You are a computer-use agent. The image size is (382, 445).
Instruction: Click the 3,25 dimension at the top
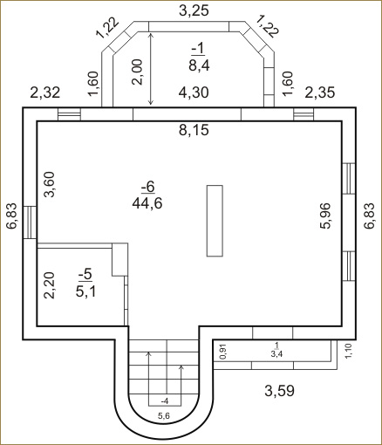[x=194, y=10]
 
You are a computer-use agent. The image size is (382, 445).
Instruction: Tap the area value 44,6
[x=147, y=203]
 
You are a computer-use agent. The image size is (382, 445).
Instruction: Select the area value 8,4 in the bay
[x=199, y=65]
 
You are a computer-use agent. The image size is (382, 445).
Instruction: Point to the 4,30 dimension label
[x=194, y=92]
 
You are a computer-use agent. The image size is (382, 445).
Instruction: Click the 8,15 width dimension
[x=194, y=130]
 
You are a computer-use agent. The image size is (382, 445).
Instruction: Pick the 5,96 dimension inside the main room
[x=325, y=216]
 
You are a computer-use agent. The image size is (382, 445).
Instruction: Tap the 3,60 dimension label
[x=49, y=184]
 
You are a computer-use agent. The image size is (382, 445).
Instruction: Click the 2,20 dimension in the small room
[x=49, y=285]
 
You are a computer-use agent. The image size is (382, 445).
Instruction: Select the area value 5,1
[x=85, y=291]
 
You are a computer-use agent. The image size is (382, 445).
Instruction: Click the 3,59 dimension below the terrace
[x=279, y=391]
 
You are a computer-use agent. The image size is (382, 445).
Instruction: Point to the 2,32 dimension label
[x=45, y=92]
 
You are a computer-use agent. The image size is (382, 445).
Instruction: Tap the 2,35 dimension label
[x=320, y=92]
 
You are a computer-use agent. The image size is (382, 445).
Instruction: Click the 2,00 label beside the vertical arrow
[x=137, y=72]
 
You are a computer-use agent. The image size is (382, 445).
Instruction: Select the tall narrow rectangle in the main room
[x=215, y=221]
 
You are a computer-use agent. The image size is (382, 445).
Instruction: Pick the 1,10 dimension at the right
[x=348, y=351]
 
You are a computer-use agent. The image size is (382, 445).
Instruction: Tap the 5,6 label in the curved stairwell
[x=164, y=416]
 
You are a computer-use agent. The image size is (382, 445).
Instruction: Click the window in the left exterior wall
[x=30, y=222]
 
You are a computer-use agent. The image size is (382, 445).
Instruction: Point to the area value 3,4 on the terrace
[x=276, y=354]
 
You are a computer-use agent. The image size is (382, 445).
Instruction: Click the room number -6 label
[x=147, y=187]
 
